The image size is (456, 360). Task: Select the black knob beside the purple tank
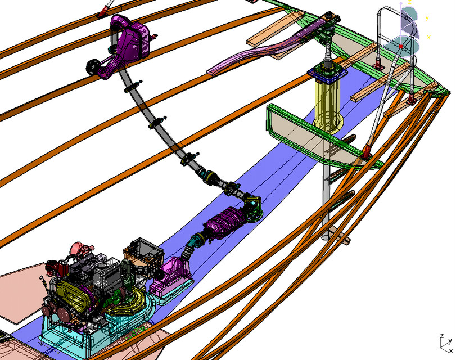91,67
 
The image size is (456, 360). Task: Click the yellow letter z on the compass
410,3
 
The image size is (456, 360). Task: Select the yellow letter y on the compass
427,18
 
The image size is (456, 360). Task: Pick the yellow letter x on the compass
428,38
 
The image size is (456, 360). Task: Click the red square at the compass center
400,46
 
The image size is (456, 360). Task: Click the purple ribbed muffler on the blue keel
225,222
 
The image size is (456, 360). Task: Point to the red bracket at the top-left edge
103,11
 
